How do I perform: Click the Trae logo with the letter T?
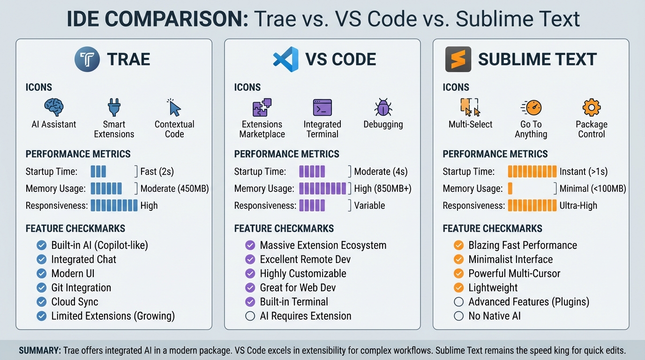[x=87, y=60]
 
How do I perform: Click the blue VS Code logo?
[x=286, y=60]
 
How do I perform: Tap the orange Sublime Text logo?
[x=458, y=60]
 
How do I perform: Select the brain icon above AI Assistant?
[x=53, y=107]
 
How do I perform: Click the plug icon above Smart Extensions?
[x=114, y=107]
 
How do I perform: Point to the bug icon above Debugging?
[x=383, y=107]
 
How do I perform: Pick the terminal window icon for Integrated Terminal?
[x=322, y=107]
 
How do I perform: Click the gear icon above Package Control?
[x=591, y=107]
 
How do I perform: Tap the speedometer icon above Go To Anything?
[x=531, y=107]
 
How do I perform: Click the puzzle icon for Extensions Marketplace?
[x=262, y=107]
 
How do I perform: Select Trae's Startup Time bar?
[x=98, y=171]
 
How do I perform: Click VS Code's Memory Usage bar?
[x=322, y=188]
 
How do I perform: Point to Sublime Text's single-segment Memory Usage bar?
[x=510, y=188]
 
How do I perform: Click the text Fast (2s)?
[x=157, y=172]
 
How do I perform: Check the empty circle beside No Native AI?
[x=459, y=316]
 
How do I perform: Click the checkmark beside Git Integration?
[x=42, y=288]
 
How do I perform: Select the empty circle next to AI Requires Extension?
[x=250, y=316]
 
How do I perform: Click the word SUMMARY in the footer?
[x=39, y=351]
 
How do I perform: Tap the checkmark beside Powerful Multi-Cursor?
[x=459, y=274]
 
